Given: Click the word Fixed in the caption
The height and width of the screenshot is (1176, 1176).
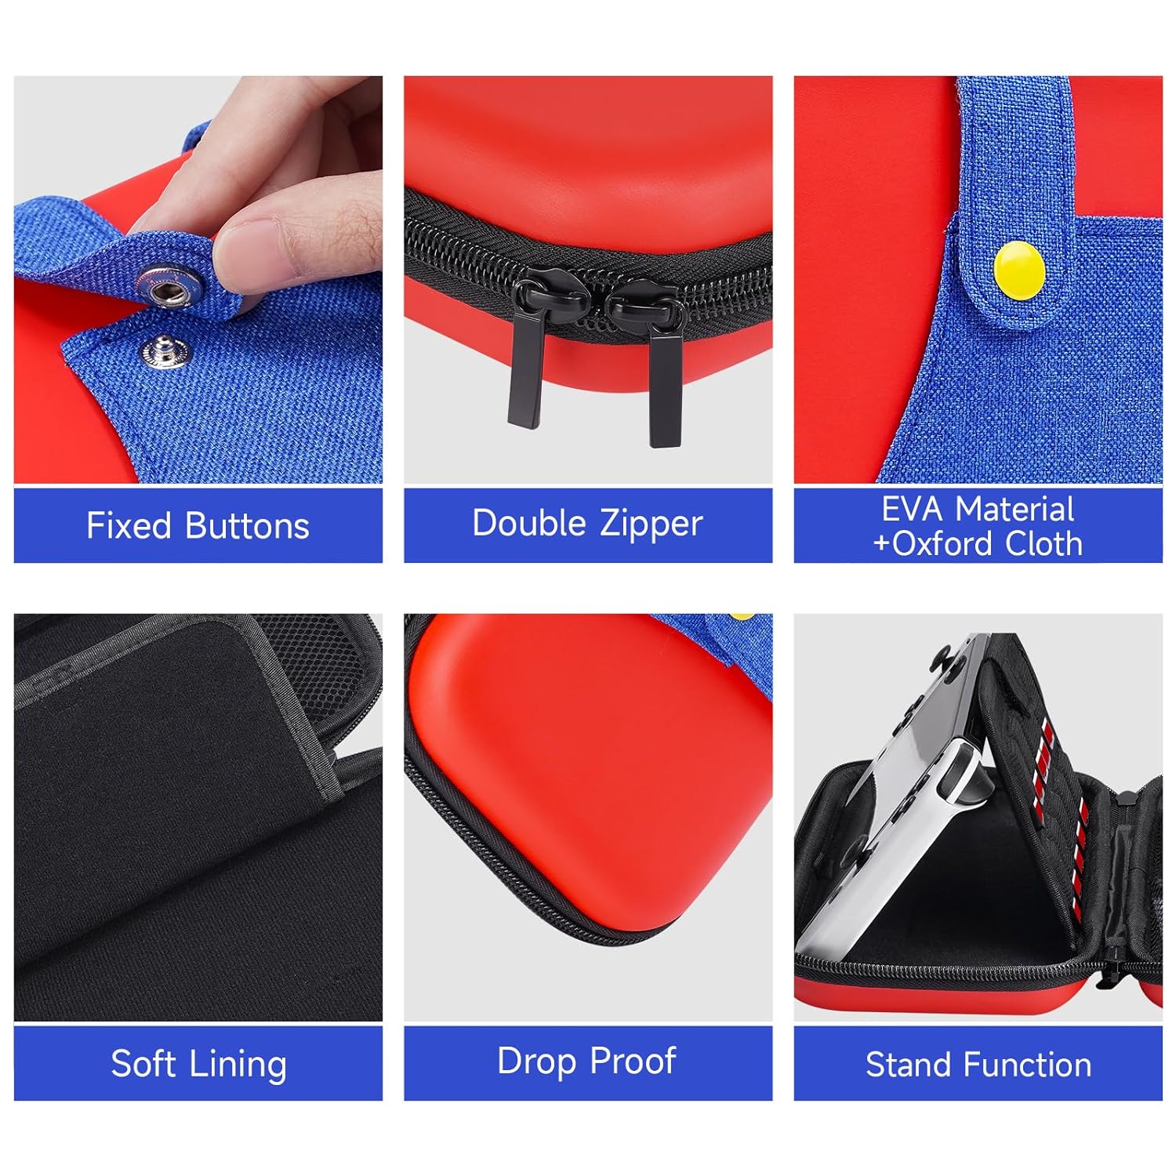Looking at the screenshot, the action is (x=129, y=525).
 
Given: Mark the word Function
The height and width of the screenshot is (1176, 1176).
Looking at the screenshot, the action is (x=1028, y=1065).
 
